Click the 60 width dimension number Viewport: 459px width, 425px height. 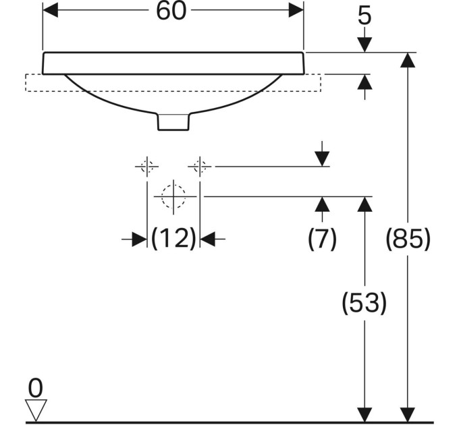pyautogui.click(x=171, y=11)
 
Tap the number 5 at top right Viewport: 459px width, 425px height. pyautogui.click(x=364, y=16)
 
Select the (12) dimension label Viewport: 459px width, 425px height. pyautogui.click(x=173, y=238)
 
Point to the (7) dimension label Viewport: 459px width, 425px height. pyautogui.click(x=322, y=239)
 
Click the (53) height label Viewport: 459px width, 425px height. pyautogui.click(x=364, y=303)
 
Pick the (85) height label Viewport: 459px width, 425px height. pyautogui.click(x=408, y=239)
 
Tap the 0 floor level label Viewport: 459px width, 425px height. pyautogui.click(x=36, y=388)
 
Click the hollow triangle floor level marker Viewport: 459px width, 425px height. pyautogui.click(x=36, y=410)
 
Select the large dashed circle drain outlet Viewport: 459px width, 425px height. pyautogui.click(x=173, y=196)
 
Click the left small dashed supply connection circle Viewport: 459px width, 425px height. pyautogui.click(x=147, y=167)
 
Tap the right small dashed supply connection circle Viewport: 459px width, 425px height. pyautogui.click(x=200, y=167)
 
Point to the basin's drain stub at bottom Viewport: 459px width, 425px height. pyautogui.click(x=173, y=121)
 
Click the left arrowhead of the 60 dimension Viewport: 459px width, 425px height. pyautogui.click(x=51, y=10)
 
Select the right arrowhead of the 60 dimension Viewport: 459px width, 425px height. pyautogui.click(x=296, y=10)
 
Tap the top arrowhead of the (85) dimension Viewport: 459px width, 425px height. pyautogui.click(x=408, y=60)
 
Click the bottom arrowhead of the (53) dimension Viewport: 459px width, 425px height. pyautogui.click(x=364, y=415)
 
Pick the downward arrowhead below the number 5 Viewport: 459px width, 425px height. pyautogui.click(x=364, y=45)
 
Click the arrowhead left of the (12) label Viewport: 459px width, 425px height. pyautogui.click(x=140, y=239)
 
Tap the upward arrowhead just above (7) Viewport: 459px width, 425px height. pyautogui.click(x=322, y=204)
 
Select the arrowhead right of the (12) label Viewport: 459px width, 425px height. pyautogui.click(x=207, y=239)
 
